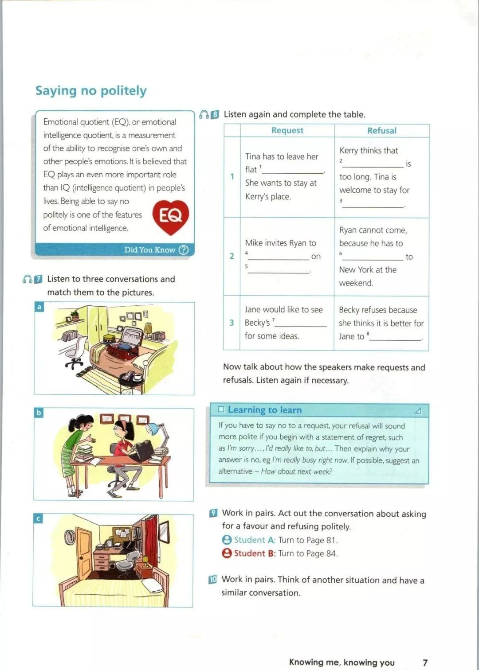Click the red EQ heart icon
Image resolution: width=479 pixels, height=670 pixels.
(171, 216)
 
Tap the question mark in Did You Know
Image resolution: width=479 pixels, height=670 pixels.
(184, 250)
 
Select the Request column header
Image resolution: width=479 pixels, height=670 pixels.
(287, 130)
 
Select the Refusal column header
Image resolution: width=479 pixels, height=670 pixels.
(381, 130)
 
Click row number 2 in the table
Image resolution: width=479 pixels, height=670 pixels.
(232, 256)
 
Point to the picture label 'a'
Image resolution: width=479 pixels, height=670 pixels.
(39, 307)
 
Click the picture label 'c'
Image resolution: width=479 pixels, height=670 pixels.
(38, 518)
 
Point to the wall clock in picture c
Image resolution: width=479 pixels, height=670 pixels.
(70, 537)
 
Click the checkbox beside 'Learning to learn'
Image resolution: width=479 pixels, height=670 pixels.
(221, 410)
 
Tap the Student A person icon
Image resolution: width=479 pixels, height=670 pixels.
(227, 540)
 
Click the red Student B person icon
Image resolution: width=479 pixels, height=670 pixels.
(227, 553)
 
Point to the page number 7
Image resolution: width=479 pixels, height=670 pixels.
(425, 662)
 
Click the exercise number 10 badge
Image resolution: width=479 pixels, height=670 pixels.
(213, 580)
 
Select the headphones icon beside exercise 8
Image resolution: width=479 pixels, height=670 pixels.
(204, 114)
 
